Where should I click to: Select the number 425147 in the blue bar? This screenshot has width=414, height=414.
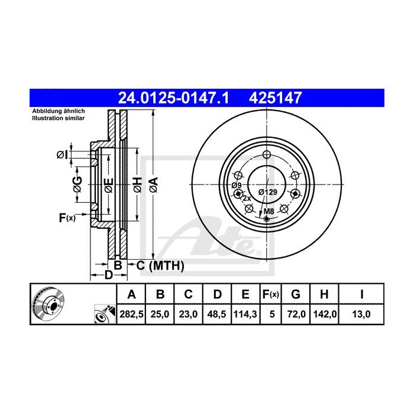coord(278,96)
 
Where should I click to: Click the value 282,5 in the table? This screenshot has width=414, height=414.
coord(132,314)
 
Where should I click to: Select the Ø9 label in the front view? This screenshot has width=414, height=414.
coord(235,185)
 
